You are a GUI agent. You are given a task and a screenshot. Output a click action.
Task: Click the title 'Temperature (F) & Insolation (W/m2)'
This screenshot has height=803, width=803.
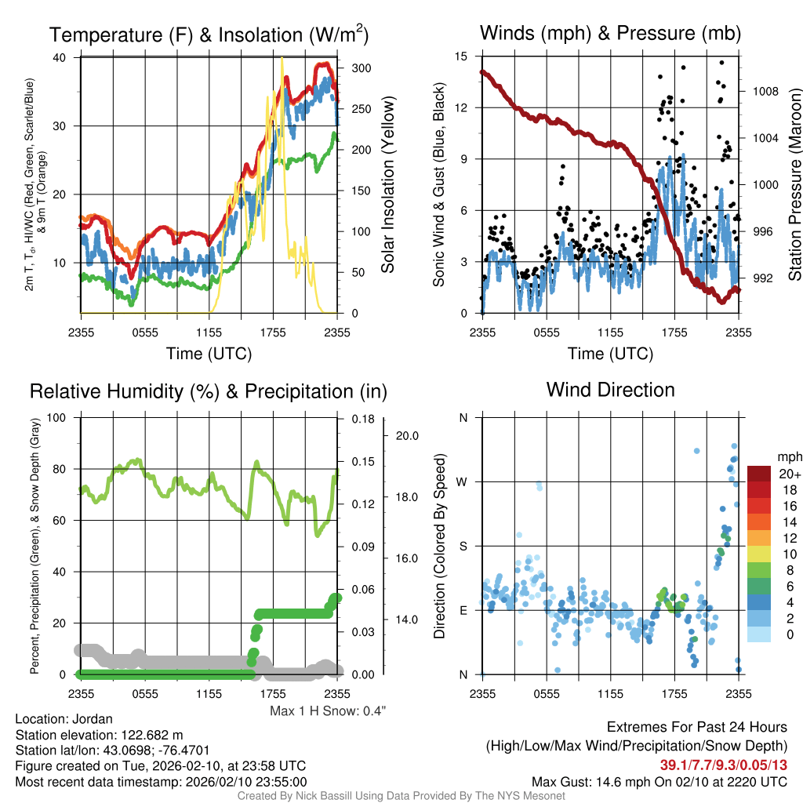(209, 35)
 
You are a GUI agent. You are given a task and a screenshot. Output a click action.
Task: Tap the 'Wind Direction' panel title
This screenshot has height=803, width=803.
(610, 390)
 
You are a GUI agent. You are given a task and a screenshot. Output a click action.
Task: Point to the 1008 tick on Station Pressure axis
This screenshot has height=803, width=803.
(764, 91)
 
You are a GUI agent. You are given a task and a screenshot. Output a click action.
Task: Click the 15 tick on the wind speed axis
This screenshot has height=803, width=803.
(461, 56)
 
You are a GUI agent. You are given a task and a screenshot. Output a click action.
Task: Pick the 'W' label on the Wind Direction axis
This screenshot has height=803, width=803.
(463, 481)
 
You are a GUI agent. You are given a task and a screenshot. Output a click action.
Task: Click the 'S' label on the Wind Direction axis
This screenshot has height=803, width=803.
(463, 546)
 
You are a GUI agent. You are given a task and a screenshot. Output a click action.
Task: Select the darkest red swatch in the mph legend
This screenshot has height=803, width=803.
(760, 474)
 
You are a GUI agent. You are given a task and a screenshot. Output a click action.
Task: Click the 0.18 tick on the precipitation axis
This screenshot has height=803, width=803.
(361, 419)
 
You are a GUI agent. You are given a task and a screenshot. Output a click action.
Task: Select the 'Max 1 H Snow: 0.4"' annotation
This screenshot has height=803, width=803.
(328, 711)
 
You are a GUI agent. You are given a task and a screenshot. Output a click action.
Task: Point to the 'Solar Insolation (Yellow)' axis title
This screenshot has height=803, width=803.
(388, 185)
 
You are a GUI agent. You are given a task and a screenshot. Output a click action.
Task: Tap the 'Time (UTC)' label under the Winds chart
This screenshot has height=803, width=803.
(610, 354)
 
